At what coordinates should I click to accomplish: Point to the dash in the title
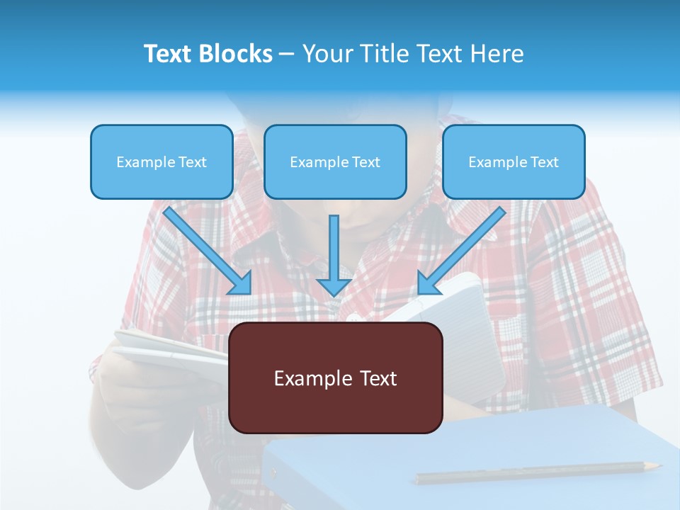(287, 55)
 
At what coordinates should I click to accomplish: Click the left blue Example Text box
(161, 161)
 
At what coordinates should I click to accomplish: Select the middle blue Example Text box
(335, 161)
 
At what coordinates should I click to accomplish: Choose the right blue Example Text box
(514, 161)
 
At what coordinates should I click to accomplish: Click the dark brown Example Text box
(335, 378)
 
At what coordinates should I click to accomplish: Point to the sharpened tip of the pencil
(657, 465)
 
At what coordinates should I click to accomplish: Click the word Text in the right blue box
(544, 162)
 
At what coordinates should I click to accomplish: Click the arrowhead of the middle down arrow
(334, 286)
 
